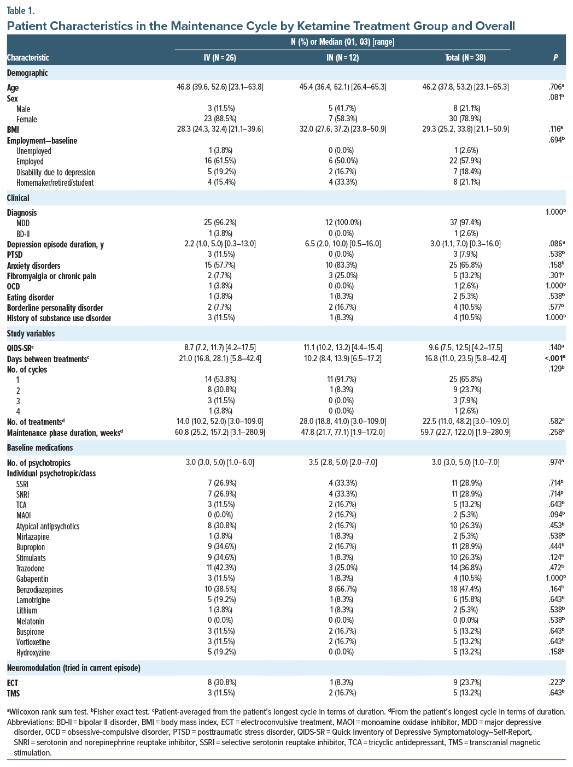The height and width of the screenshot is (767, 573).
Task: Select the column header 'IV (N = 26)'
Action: tap(220, 57)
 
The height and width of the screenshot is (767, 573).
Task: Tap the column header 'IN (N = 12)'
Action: tap(343, 57)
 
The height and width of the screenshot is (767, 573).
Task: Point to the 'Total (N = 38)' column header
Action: tap(465, 57)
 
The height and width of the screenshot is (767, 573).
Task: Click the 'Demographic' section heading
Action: tap(27, 73)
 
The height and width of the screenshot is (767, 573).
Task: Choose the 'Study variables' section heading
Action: tap(32, 333)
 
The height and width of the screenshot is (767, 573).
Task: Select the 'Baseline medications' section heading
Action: tap(40, 448)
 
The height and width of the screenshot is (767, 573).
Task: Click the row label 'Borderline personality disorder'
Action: tap(55, 308)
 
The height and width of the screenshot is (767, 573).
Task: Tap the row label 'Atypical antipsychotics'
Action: tap(48, 526)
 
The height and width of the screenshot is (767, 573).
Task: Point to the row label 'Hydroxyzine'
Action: tap(33, 653)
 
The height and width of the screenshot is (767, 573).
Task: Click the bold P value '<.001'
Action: tap(553, 358)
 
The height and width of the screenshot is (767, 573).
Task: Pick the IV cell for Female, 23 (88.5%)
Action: tap(220, 119)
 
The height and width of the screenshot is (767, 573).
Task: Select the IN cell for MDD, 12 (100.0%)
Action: tap(343, 223)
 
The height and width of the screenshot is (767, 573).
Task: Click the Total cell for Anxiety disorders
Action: tap(465, 265)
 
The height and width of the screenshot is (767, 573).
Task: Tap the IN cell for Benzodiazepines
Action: tap(343, 589)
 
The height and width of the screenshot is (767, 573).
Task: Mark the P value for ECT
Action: tap(556, 682)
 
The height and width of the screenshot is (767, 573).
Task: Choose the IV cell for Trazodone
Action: tap(220, 568)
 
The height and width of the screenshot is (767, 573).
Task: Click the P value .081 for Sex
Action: tap(556, 98)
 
